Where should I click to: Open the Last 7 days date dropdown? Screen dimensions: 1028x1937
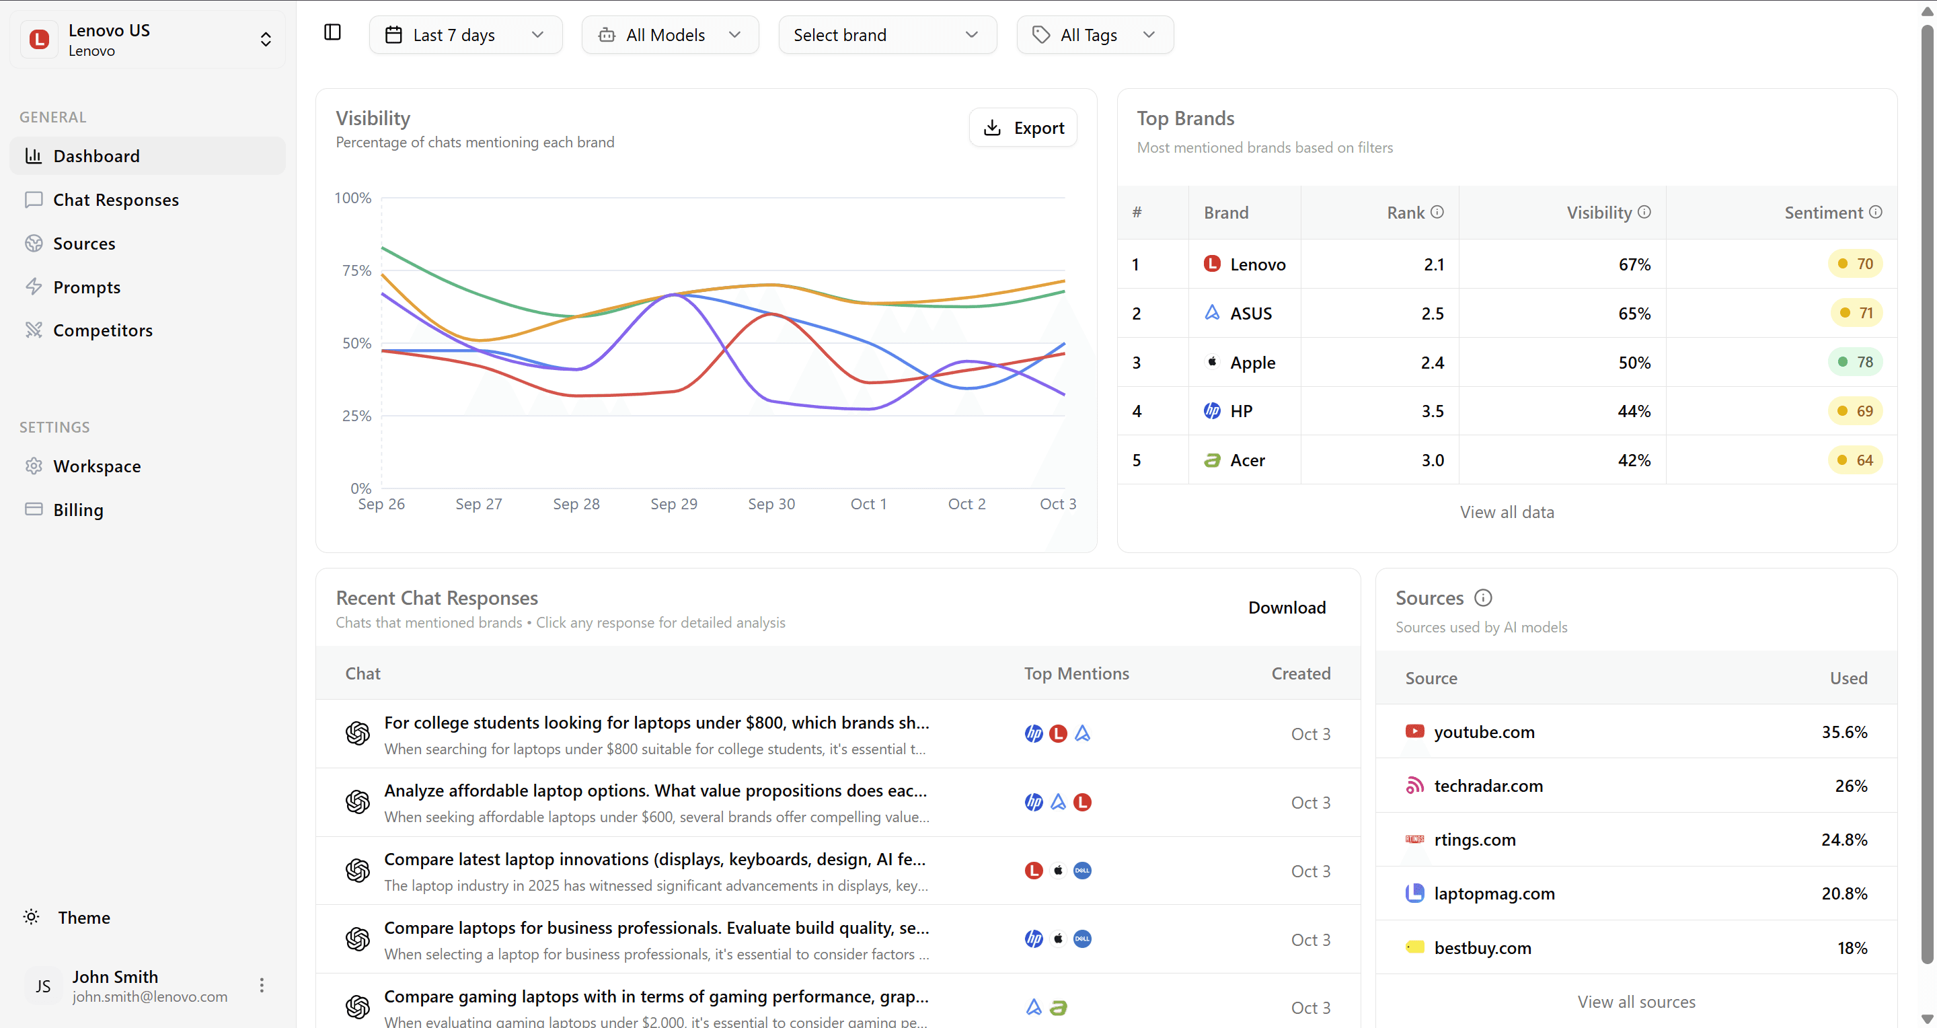pos(465,36)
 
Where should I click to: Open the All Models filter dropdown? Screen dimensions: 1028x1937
pos(669,36)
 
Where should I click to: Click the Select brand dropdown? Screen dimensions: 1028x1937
pos(886,36)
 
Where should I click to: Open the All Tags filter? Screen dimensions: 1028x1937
pos(1094,36)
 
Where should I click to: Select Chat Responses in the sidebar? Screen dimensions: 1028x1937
pos(116,200)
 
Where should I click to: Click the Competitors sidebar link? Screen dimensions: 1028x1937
pos(102,330)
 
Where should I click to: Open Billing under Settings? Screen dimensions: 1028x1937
pos(78,510)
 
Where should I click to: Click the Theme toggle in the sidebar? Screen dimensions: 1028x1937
pos(83,918)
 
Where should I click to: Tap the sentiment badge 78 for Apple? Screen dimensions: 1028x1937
pos(1855,363)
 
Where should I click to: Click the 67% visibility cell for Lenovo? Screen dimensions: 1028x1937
pos(1634,264)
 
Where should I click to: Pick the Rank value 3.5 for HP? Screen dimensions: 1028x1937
pos(1432,411)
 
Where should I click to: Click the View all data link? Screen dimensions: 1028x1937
pos(1506,512)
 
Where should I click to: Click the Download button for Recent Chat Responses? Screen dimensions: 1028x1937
pos(1286,608)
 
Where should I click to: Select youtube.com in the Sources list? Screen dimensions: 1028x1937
pos(1484,732)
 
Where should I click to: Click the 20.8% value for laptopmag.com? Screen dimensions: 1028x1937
pos(1843,893)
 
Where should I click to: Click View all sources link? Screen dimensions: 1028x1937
pos(1636,1002)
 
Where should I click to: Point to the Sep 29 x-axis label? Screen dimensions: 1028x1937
pos(674,504)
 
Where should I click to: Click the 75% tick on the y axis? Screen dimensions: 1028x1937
pos(356,270)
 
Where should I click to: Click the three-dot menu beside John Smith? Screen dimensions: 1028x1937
pos(262,985)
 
